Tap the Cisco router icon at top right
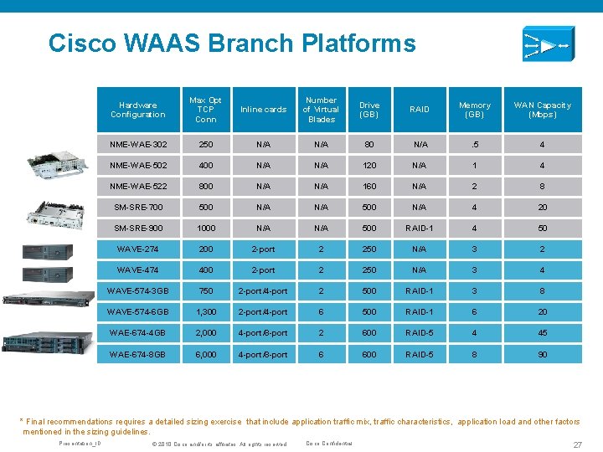548,44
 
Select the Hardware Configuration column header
137,110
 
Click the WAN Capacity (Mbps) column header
542,110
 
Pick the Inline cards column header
263,110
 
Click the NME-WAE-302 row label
137,145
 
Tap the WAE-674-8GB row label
137,355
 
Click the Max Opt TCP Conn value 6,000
205,355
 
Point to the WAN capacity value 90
542,355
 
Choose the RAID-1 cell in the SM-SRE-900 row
419,228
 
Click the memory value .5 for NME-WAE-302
474,145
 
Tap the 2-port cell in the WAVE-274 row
263,249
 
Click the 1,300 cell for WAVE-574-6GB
205,312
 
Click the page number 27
577,444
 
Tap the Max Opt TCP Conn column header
205,110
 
